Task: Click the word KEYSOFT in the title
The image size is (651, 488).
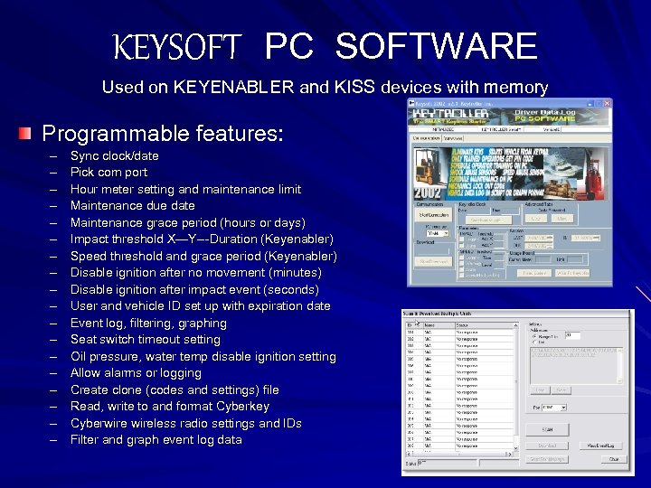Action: pos(177,46)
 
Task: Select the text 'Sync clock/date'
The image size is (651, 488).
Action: pos(114,156)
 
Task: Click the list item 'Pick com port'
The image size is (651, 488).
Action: pos(108,173)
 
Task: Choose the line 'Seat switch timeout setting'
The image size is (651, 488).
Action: pos(145,340)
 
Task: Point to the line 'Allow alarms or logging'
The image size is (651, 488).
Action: pos(136,373)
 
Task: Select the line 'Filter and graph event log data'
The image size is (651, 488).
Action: pos(156,440)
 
